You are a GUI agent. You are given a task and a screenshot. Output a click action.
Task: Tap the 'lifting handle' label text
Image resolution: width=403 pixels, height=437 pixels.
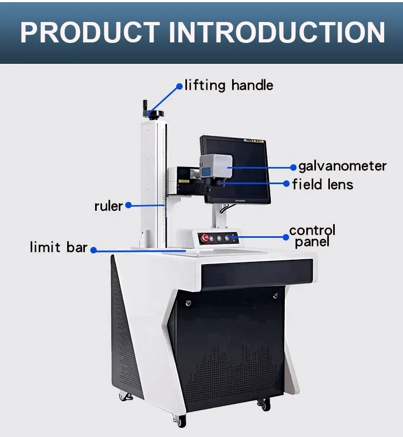click(x=229, y=85)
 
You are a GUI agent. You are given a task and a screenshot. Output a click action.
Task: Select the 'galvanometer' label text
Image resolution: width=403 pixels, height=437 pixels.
click(x=342, y=166)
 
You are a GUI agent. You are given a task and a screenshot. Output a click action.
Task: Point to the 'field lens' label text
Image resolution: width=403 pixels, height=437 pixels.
click(x=322, y=185)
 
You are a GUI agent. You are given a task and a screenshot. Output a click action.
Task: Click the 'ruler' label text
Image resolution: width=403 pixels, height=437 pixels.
click(x=108, y=206)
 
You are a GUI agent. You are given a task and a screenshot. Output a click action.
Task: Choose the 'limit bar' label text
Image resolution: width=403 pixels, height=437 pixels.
click(x=59, y=247)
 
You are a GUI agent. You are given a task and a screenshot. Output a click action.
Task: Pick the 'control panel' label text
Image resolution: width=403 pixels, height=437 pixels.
click(x=312, y=236)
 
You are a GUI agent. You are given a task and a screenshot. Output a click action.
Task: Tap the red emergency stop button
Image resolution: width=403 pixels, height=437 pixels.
click(x=205, y=237)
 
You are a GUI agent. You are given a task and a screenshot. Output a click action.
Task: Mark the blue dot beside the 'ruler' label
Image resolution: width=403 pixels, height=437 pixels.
click(x=128, y=205)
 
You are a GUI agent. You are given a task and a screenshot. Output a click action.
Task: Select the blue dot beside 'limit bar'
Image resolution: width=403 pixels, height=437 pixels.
click(x=93, y=249)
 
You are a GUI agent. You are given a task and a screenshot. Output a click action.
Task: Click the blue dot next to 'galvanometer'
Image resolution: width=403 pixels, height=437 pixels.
click(x=293, y=166)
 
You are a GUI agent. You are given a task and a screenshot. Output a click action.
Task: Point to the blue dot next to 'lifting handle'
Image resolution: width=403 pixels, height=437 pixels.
click(x=179, y=85)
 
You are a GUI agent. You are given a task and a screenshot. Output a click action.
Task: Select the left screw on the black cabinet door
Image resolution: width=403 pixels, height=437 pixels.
click(x=188, y=303)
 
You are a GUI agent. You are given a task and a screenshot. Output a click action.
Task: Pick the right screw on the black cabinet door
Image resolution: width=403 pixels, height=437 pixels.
click(x=275, y=295)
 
